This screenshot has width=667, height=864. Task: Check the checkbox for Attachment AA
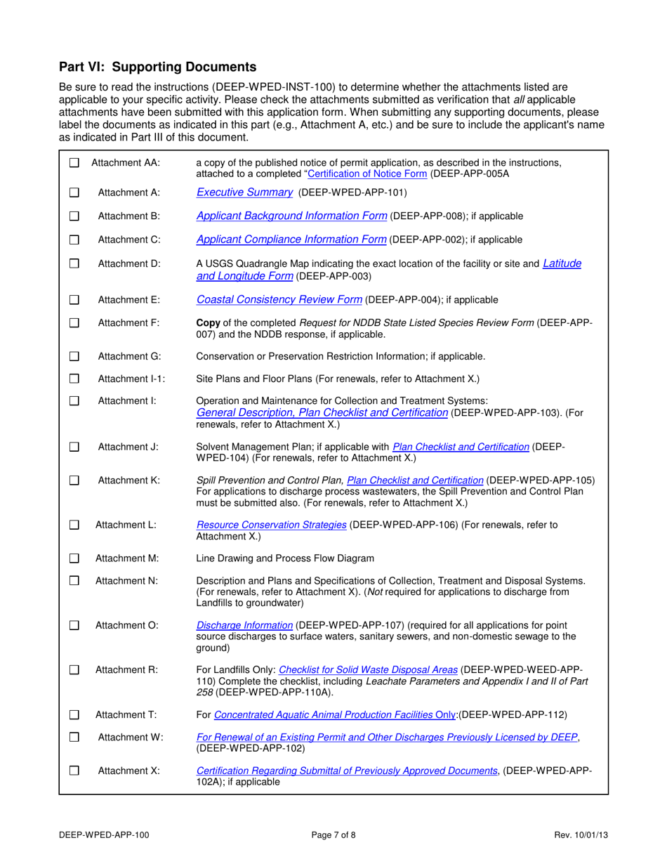tap(74, 163)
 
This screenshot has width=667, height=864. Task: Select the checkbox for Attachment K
tap(74, 480)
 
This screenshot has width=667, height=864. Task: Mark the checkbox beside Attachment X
tap(74, 771)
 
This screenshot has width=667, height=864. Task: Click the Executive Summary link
tap(244, 192)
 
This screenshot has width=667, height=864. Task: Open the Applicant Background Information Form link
tap(291, 216)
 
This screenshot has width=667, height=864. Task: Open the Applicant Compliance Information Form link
tap(291, 240)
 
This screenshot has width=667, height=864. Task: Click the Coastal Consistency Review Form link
tap(279, 300)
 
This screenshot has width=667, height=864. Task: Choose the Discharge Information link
tap(244, 624)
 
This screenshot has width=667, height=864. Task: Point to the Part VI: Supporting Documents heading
tap(157, 67)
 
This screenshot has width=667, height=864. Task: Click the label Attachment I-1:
tap(131, 379)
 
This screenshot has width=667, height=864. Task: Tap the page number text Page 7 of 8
tap(334, 834)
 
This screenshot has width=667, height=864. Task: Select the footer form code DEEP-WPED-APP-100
tap(103, 834)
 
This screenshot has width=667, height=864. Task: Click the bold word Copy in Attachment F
tap(208, 322)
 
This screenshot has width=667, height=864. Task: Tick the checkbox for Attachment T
tap(74, 715)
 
